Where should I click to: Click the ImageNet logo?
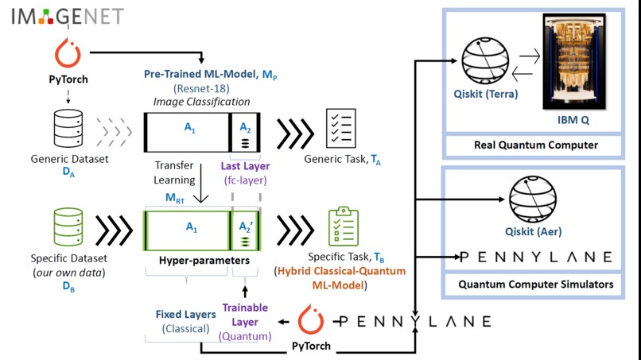(x=56, y=16)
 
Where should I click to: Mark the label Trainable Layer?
(x=244, y=315)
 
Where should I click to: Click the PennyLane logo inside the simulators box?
(x=536, y=257)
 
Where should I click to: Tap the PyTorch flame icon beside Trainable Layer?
(x=309, y=321)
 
